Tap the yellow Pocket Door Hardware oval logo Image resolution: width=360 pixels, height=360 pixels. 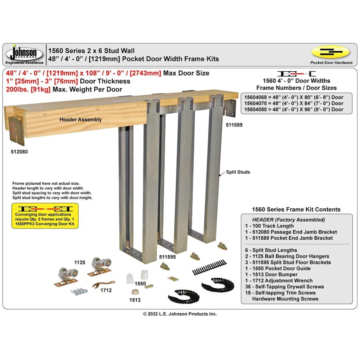click(330, 52)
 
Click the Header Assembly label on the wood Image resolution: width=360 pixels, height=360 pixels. click(81, 119)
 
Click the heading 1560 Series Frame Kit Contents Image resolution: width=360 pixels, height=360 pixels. click(296, 209)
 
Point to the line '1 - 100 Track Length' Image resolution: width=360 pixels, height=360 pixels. click(270, 226)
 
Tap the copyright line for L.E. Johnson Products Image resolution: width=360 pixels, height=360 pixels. click(180, 314)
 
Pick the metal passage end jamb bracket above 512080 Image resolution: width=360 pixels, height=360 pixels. click(17, 130)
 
